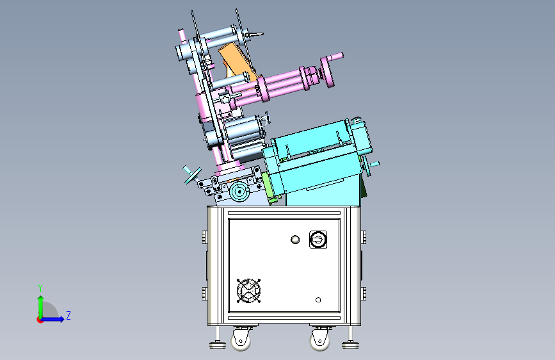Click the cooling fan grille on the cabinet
(x=248, y=291)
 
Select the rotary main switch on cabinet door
(x=318, y=240)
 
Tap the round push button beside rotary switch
(x=295, y=240)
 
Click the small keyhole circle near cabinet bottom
(x=318, y=300)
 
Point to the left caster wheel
(x=241, y=340)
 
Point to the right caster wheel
(x=319, y=340)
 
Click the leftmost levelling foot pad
(x=218, y=345)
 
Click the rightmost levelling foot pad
(x=350, y=345)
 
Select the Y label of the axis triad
(x=40, y=288)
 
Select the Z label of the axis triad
(x=68, y=315)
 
